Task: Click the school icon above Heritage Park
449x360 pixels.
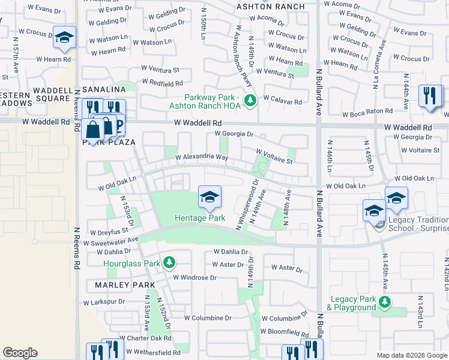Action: pos(209,197)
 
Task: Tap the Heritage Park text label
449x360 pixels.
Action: pos(200,218)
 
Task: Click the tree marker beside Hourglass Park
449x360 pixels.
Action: pos(170,263)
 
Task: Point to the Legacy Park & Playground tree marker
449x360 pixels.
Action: pos(385,301)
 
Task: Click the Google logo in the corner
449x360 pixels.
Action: pos(20,353)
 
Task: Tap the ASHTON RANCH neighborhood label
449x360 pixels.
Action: pos(270,7)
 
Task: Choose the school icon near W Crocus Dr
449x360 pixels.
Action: pos(64,38)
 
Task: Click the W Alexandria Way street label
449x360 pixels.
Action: pos(201,157)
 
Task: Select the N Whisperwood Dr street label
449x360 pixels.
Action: pos(247,204)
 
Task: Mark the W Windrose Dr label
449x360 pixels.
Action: pos(194,277)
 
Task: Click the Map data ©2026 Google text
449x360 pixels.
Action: pos(411,355)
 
